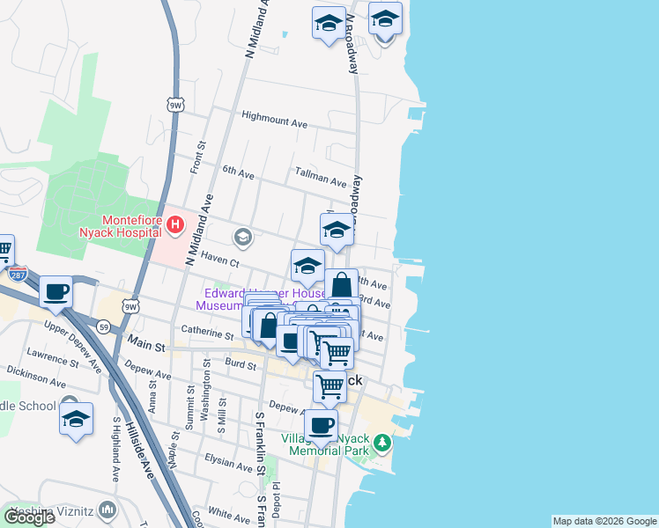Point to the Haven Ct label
click(220, 258)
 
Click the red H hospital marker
click(174, 225)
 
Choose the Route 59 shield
click(104, 327)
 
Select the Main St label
click(146, 340)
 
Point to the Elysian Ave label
click(228, 462)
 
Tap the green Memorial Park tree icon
click(381, 442)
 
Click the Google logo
click(29, 517)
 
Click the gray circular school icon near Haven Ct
click(242, 237)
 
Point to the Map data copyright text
click(604, 521)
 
